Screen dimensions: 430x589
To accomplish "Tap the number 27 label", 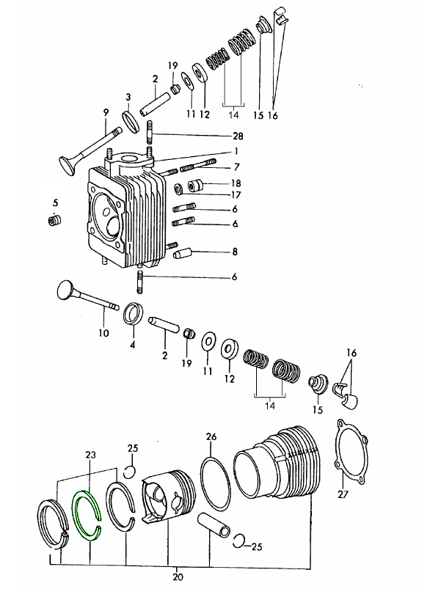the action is click(x=343, y=494).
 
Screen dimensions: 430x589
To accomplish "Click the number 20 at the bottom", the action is click(x=178, y=577).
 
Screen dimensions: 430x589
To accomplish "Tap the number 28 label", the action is click(x=238, y=136).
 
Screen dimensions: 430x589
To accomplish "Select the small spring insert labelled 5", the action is click(x=54, y=220).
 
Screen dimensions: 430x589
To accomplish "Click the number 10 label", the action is click(x=103, y=333).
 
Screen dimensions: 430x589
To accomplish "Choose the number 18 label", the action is click(x=236, y=183).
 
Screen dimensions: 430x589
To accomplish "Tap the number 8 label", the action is click(x=235, y=252).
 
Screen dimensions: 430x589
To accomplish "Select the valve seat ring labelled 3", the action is click(x=131, y=121).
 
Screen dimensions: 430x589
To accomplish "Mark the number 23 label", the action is click(x=90, y=455).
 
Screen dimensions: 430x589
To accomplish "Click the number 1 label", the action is click(x=236, y=151).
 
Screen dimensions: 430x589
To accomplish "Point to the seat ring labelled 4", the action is click(x=134, y=313).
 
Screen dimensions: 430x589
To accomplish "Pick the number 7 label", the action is click(x=236, y=167).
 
